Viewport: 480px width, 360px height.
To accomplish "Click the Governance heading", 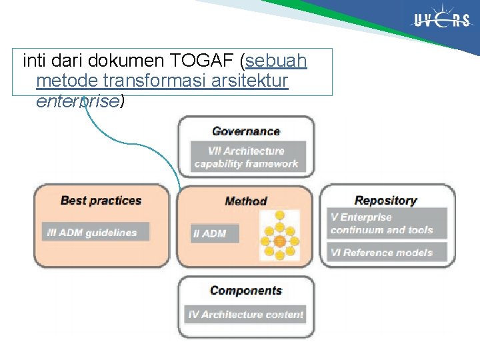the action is (245, 131).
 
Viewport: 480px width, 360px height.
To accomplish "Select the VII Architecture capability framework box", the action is (246, 157).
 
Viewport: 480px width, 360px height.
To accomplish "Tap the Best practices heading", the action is (101, 200).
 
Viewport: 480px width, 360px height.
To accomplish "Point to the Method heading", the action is (245, 201).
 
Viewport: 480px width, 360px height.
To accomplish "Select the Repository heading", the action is (385, 200).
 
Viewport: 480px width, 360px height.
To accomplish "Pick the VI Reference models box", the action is (387, 253).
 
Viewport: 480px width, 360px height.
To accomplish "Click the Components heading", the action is (245, 291).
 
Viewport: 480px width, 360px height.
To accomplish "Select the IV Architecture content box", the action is (245, 314).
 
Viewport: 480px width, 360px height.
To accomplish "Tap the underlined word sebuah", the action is (276, 62).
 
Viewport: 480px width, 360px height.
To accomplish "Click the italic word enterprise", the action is (77, 101).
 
